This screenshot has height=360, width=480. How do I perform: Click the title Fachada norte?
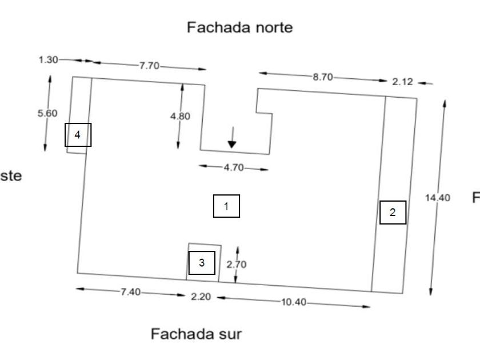tap(240, 27)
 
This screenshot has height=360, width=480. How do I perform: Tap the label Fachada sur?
tap(196, 334)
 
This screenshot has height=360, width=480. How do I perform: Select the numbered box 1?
tap(226, 206)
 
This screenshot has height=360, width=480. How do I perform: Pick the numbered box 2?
tap(393, 213)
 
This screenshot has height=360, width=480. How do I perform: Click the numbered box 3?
tap(202, 263)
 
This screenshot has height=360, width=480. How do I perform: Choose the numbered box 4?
tap(78, 135)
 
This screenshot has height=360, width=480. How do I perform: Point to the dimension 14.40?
tap(438, 198)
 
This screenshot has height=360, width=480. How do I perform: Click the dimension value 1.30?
tap(49, 59)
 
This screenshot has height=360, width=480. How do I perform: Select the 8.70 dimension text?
tap(323, 77)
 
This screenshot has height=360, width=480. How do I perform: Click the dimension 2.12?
tap(402, 82)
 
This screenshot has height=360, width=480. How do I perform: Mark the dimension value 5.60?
tap(47, 113)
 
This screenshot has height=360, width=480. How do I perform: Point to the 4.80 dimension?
tap(181, 116)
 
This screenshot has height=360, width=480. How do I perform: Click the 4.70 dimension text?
tap(233, 167)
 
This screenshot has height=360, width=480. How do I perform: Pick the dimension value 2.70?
tap(237, 265)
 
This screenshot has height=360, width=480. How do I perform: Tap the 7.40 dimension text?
tap(130, 292)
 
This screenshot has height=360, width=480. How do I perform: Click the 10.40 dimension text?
tap(294, 302)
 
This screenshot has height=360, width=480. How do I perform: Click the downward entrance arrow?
tap(231, 138)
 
